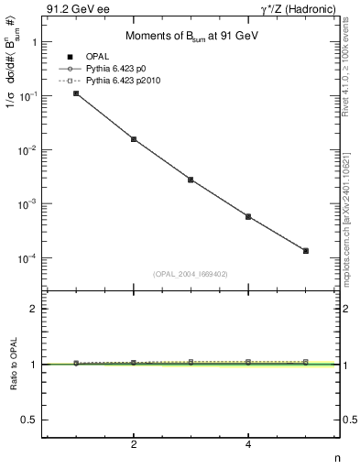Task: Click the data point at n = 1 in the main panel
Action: (x=76, y=93)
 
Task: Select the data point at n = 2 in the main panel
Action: (x=134, y=139)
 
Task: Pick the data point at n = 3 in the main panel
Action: (x=191, y=180)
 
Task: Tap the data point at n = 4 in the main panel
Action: (x=248, y=216)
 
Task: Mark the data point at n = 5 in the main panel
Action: (x=306, y=250)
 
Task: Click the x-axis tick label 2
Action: (x=134, y=445)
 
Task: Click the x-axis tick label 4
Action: (x=248, y=445)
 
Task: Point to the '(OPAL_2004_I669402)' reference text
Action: (x=191, y=273)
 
